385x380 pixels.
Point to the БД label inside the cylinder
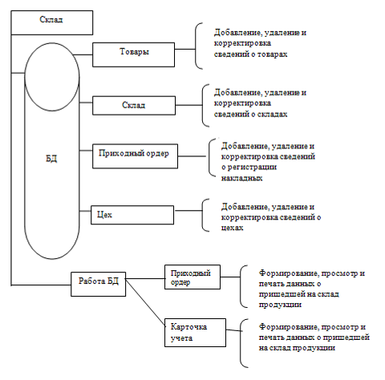point(51,159)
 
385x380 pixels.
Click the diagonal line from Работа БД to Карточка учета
point(145,302)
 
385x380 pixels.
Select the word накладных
point(241,178)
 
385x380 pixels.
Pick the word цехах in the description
point(233,228)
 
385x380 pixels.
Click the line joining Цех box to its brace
point(188,211)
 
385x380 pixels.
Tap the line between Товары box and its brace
point(185,49)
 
